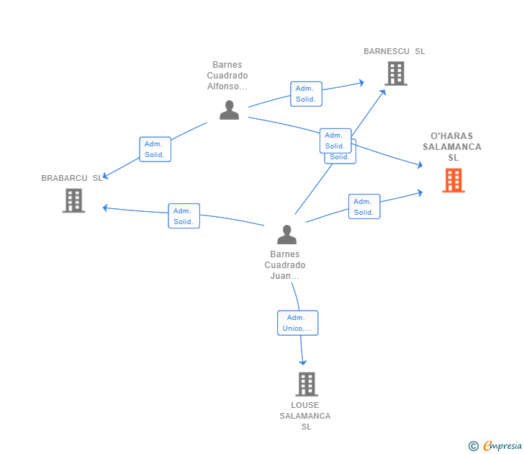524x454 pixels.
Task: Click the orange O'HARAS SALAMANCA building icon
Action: [453, 180]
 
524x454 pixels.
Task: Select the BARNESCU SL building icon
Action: [396, 74]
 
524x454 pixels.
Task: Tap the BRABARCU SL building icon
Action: [74, 201]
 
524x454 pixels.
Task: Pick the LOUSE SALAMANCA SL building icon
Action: [307, 384]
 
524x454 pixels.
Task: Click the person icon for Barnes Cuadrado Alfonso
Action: [229, 110]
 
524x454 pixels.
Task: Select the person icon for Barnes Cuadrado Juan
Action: [286, 234]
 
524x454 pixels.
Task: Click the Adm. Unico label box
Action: [298, 323]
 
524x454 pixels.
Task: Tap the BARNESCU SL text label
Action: [394, 51]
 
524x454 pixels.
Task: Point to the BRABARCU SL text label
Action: [71, 178]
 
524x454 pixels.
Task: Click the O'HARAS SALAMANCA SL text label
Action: [452, 146]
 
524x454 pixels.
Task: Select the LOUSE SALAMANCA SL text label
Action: [305, 416]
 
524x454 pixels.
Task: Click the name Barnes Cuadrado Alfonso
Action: [227, 75]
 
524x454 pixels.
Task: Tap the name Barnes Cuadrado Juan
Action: [285, 265]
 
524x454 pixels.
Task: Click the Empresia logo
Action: [502, 445]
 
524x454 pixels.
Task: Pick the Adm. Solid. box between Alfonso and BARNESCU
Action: [306, 94]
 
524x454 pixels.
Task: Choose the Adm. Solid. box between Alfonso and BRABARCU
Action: [155, 149]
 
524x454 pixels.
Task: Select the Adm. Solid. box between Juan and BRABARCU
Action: [184, 215]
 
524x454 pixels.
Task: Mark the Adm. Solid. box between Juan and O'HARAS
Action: [364, 206]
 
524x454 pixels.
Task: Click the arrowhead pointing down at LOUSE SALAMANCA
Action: [303, 362]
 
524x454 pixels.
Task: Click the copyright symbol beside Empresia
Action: [473, 446]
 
